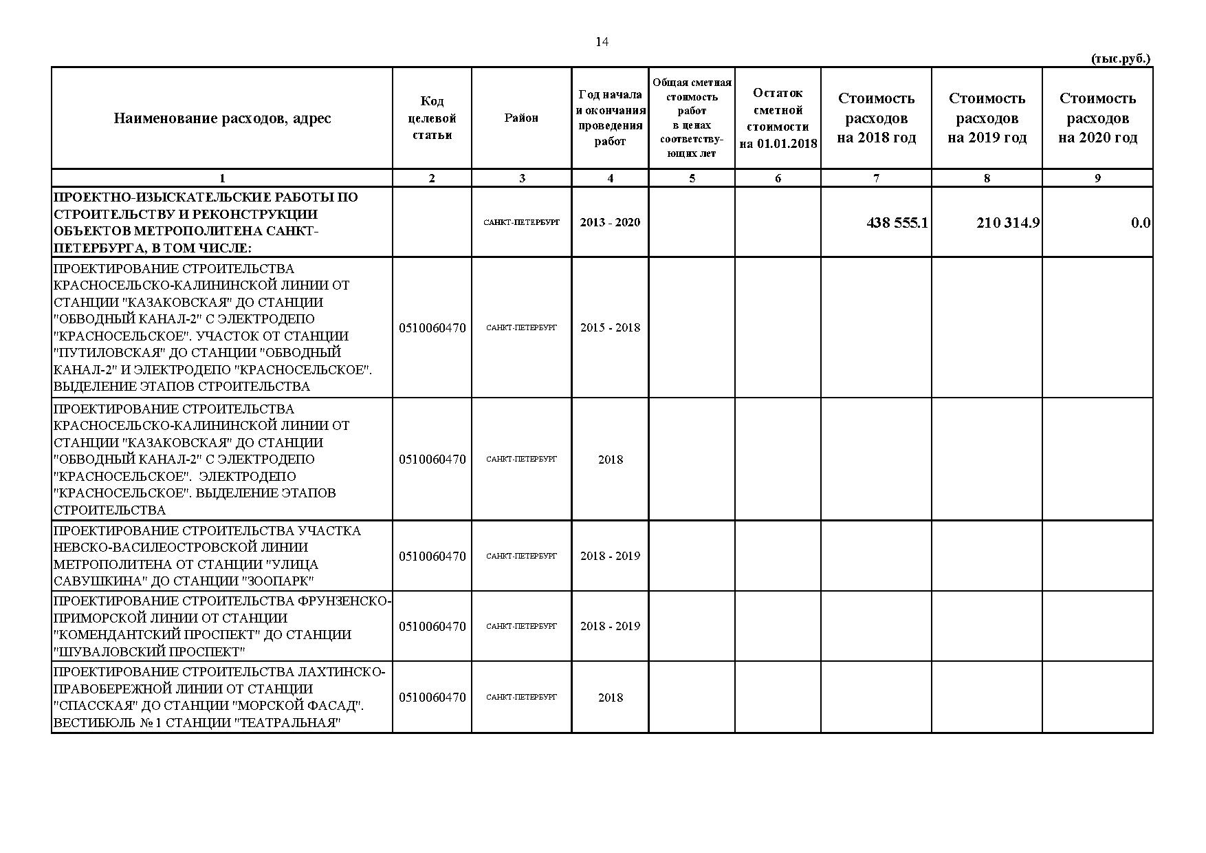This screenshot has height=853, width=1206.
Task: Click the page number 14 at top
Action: pyautogui.click(x=602, y=42)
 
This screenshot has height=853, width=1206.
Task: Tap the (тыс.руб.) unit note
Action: pyautogui.click(x=1120, y=59)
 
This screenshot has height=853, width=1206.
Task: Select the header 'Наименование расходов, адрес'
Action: pyautogui.click(x=222, y=118)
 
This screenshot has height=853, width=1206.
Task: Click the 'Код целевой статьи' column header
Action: pyautogui.click(x=432, y=118)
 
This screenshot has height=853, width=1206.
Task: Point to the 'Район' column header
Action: pyautogui.click(x=521, y=118)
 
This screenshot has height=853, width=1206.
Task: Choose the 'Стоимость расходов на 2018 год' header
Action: pyautogui.click(x=876, y=118)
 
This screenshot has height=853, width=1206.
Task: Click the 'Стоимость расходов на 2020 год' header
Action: pyautogui.click(x=1097, y=118)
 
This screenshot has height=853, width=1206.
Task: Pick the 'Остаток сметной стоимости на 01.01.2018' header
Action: pyautogui.click(x=778, y=118)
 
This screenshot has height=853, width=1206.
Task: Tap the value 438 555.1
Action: pyautogui.click(x=897, y=223)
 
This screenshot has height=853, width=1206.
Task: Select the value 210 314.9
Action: pyautogui.click(x=1007, y=223)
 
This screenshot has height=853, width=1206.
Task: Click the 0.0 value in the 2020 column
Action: pyautogui.click(x=1140, y=223)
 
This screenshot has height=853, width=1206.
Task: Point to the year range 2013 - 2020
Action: pyautogui.click(x=610, y=222)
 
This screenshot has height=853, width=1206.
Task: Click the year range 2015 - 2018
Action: pyautogui.click(x=610, y=327)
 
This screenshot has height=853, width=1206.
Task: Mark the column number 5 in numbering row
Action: pyautogui.click(x=692, y=178)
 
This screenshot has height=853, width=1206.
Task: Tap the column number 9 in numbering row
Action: pyautogui.click(x=1097, y=178)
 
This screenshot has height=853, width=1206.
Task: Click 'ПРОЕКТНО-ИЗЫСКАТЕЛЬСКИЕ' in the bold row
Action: pyautogui.click(x=137, y=197)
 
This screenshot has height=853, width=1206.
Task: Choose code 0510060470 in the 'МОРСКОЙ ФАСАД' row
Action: pyautogui.click(x=432, y=697)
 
